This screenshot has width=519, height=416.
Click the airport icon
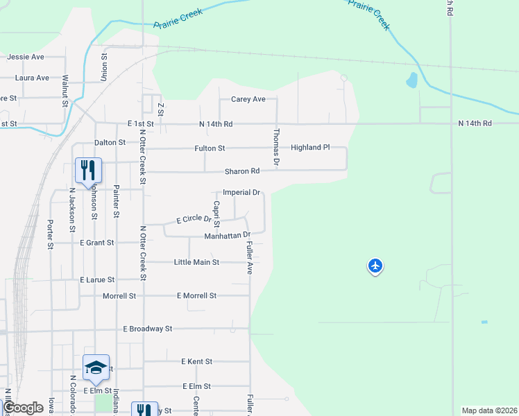point(375,266)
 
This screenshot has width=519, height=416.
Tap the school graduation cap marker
point(96,367)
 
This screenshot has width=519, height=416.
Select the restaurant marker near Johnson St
point(88,170)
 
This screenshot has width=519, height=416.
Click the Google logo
point(23,408)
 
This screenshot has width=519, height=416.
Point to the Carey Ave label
point(248,99)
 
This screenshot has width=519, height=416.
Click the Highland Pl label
point(309,148)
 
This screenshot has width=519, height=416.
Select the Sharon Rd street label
point(241,171)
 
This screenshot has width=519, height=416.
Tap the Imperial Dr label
point(241,192)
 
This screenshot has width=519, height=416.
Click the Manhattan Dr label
point(227,236)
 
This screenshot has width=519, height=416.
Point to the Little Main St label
point(196,262)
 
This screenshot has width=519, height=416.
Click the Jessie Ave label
point(26,56)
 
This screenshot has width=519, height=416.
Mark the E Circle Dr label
point(194,219)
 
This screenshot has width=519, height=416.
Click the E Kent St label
point(196,362)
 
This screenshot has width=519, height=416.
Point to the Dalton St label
point(110,142)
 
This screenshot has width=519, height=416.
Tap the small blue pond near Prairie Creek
point(412,80)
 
